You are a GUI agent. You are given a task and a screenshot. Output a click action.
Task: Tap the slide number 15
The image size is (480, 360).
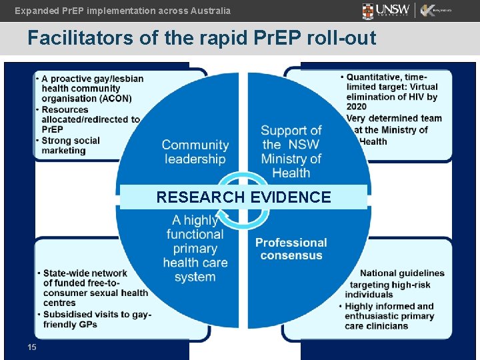32,347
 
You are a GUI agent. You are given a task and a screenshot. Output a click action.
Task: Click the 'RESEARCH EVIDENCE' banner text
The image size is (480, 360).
243,197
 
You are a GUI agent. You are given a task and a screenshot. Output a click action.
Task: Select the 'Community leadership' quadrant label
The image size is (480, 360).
195,152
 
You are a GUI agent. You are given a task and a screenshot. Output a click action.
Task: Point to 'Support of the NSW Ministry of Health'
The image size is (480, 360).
291,151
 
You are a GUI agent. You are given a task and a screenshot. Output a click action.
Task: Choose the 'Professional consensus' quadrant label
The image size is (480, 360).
291,249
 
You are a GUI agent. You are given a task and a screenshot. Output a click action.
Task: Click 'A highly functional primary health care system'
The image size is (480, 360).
195,248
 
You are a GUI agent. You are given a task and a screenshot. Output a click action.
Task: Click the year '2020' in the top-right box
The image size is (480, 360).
356,107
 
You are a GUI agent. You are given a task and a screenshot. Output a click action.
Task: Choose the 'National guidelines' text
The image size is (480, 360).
402,273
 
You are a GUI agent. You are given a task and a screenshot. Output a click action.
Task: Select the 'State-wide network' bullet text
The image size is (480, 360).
85,273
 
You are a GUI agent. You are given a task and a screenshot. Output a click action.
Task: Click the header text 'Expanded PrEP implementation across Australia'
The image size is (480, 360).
123,11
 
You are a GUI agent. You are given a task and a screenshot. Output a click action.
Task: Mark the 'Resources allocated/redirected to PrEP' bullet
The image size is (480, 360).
90,119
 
